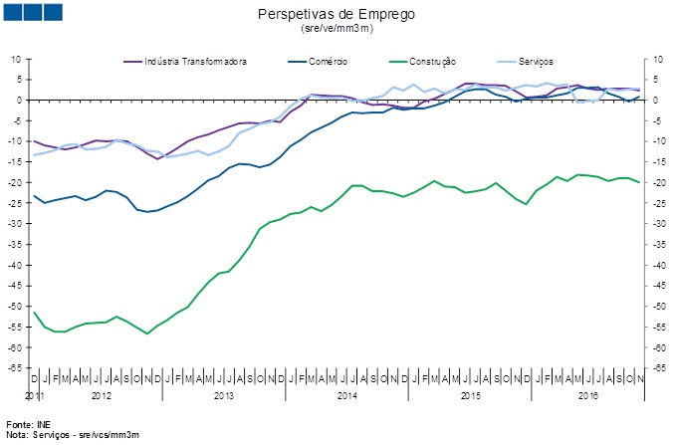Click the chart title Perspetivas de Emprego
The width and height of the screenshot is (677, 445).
[x=337, y=14]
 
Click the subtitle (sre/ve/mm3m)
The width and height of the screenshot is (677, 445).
[x=337, y=30]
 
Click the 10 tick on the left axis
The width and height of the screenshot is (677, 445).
[x=16, y=59]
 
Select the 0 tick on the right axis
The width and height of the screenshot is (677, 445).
[x=657, y=101]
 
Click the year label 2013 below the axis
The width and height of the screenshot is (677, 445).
[x=223, y=396]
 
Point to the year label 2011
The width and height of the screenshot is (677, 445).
[x=35, y=396]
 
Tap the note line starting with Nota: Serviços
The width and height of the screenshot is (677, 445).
[x=72, y=435]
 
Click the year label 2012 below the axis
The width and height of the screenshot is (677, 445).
[x=101, y=396]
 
